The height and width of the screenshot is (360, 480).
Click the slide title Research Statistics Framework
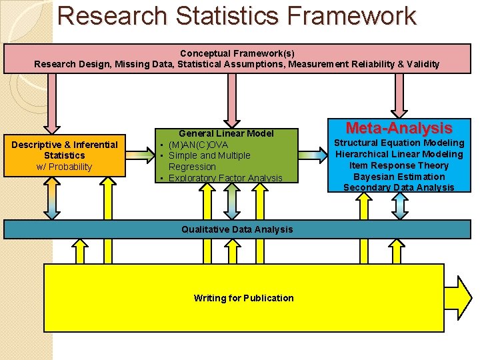(x=237, y=16)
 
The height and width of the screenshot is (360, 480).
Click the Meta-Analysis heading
(x=399, y=127)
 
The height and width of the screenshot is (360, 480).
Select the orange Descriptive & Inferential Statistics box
(x=64, y=155)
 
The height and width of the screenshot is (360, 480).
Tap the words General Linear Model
(x=226, y=133)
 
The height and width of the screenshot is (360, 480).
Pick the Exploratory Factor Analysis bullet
(x=225, y=178)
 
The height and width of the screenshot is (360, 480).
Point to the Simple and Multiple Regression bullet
(x=209, y=161)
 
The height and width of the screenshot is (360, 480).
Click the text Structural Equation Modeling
(x=399, y=143)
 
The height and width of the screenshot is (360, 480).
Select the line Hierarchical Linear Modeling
(x=399, y=154)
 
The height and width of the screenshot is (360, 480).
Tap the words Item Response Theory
(x=399, y=165)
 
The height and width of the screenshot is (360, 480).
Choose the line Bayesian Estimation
(x=399, y=177)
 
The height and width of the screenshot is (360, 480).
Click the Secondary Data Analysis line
(x=399, y=187)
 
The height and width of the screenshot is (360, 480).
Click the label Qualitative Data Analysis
(x=237, y=229)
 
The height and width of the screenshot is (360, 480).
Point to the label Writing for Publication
(x=243, y=298)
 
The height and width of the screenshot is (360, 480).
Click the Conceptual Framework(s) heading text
(x=237, y=53)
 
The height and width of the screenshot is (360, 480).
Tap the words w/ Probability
(x=64, y=167)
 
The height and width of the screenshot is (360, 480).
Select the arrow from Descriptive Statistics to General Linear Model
(x=140, y=155)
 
